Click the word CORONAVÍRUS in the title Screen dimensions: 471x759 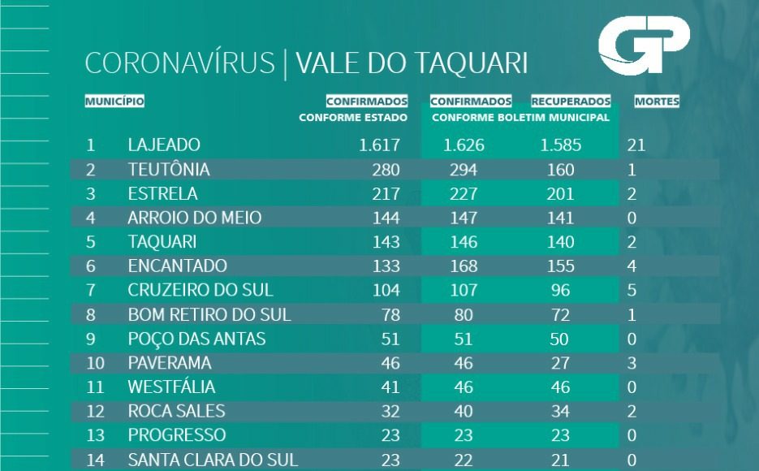[x=179, y=64]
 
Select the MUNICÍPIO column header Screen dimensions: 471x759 [x=114, y=102]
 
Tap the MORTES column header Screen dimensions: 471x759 [x=657, y=102]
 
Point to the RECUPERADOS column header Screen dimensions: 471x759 [x=571, y=102]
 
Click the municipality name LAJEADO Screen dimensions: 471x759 [x=164, y=145]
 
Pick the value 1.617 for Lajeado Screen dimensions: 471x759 [x=379, y=145]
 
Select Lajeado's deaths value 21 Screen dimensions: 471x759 [x=636, y=146]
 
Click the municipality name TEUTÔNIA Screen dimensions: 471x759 [x=169, y=170]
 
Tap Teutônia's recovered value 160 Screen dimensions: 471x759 [x=560, y=170]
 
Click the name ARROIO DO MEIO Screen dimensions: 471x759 [x=195, y=218]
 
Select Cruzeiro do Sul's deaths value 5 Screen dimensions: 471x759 [x=632, y=290]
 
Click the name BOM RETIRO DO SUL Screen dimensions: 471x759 [x=209, y=314]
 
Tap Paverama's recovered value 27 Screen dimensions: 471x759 [x=560, y=362]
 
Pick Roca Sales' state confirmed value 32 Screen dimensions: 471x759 [x=390, y=411]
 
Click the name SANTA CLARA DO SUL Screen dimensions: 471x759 [x=213, y=460]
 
